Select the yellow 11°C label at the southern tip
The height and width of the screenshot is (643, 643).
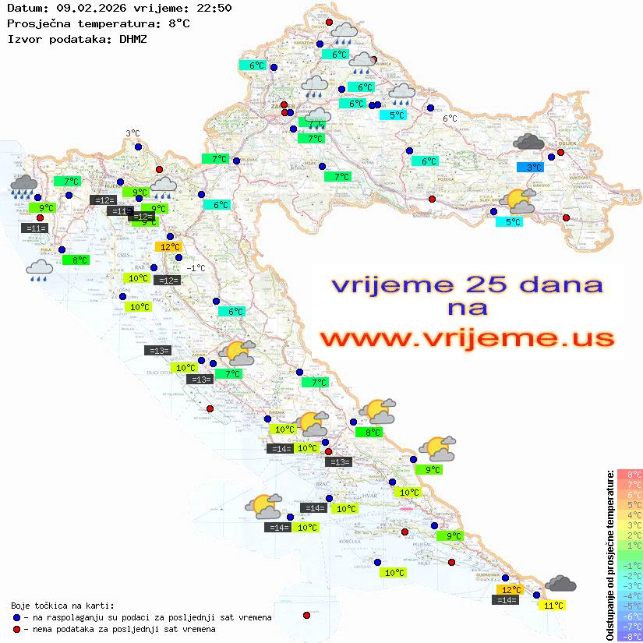553,605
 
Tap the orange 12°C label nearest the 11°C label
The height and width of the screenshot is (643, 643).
511,590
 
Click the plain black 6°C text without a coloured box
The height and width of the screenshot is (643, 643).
450,118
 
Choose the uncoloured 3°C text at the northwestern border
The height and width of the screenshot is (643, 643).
132,133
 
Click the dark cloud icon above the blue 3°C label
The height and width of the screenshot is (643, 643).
529,142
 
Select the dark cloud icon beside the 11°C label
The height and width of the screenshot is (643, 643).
561,584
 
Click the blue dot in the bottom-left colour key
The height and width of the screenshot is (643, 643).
16,617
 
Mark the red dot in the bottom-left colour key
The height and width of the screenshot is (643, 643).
16,629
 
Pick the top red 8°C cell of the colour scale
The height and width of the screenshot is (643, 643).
630,475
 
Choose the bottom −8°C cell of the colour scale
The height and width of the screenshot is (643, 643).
630,636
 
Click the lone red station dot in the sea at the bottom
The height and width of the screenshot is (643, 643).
306,616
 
